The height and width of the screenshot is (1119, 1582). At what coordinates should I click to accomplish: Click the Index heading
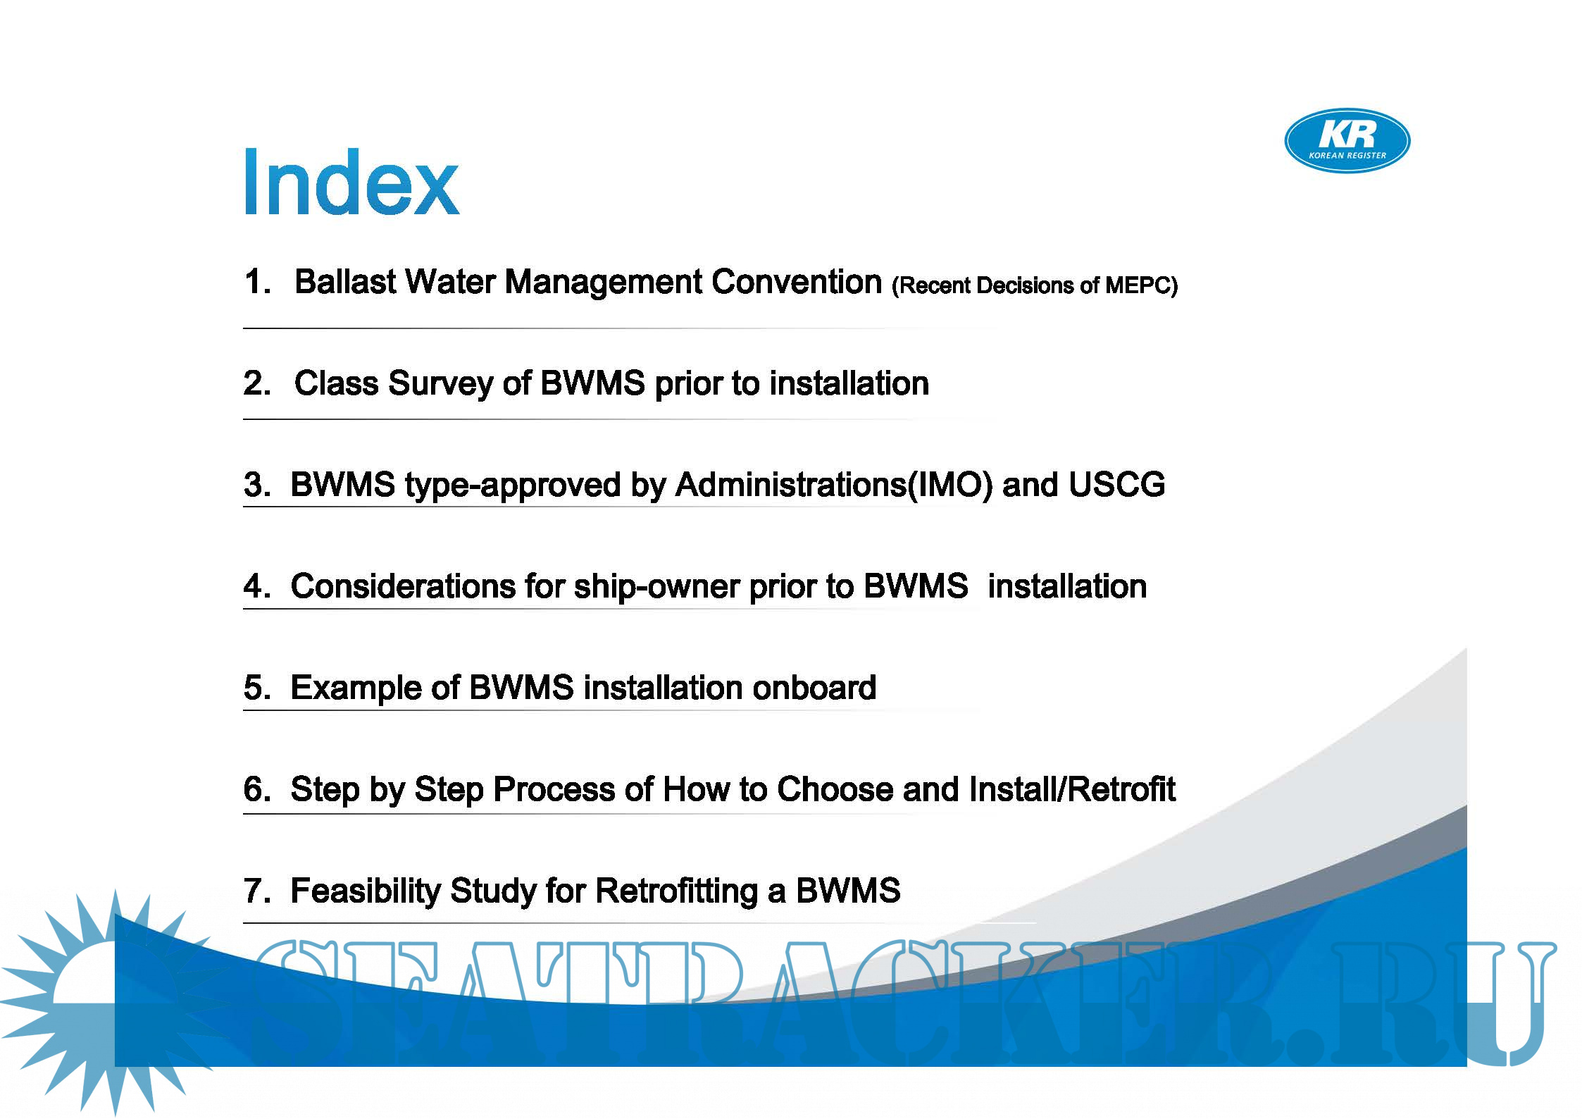[351, 181]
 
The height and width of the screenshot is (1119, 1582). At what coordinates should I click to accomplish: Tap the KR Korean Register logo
[1347, 140]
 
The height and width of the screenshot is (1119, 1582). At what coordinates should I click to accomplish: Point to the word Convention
[797, 282]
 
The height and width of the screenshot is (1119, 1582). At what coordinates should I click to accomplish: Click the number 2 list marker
[257, 383]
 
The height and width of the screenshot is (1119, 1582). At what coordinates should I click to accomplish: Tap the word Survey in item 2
[440, 384]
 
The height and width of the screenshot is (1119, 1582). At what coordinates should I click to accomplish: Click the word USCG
[1116, 485]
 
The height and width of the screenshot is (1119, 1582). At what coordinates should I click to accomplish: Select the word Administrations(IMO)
[834, 486]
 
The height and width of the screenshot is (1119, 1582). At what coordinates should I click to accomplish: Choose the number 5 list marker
[257, 688]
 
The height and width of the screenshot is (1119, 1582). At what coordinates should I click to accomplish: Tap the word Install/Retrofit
[1072, 789]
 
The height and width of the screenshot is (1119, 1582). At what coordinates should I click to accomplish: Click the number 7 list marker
[257, 891]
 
